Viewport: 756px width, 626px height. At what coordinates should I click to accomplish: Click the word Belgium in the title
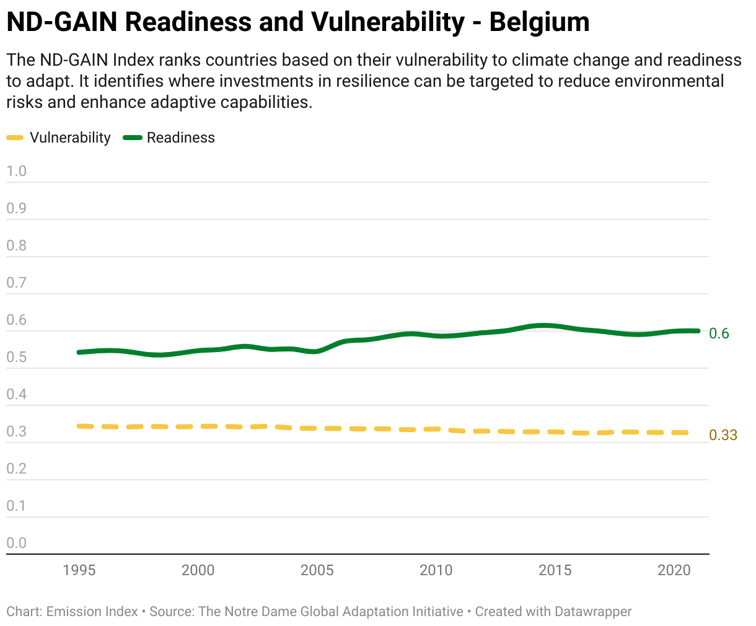[539, 22]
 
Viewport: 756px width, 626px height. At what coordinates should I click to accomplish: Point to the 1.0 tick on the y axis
[17, 172]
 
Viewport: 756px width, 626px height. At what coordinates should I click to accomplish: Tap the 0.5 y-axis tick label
[17, 358]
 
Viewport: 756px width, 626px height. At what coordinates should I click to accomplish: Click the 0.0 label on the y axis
[17, 544]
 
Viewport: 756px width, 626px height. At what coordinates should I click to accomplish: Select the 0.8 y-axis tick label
[17, 246]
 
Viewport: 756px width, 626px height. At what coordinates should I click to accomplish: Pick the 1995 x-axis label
[79, 570]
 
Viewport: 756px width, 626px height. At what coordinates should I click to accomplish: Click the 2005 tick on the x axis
[317, 570]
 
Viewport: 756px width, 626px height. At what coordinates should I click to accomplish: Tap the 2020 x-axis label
[674, 570]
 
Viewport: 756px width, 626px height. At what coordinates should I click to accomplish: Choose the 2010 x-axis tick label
[436, 570]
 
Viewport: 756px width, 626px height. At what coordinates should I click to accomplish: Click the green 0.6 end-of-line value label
[719, 333]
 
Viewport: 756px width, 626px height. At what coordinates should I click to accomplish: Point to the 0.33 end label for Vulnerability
[723, 435]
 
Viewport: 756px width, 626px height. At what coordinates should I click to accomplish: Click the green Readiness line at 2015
[555, 326]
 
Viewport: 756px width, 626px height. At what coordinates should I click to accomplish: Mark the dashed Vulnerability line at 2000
[198, 426]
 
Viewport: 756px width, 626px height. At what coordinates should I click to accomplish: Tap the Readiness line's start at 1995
[79, 352]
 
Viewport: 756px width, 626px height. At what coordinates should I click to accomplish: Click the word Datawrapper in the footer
[593, 612]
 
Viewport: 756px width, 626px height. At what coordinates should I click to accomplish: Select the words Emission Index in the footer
[92, 612]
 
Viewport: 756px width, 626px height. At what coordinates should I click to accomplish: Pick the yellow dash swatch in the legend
[15, 138]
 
